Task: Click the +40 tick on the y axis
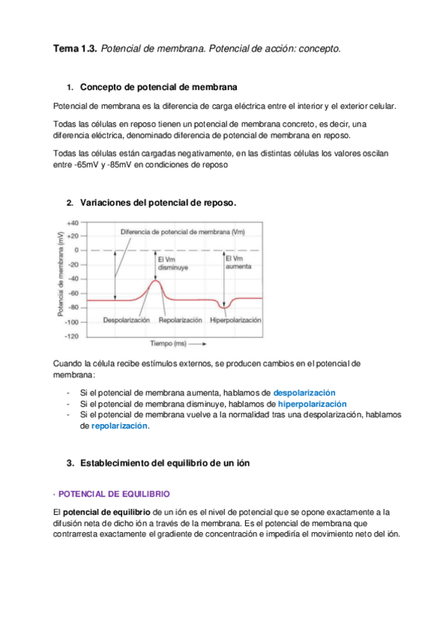tap(73, 223)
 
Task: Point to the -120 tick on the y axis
tap(71, 336)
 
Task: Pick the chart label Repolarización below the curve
tap(180, 320)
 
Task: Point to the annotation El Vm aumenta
tap(238, 262)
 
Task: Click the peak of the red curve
tap(155, 280)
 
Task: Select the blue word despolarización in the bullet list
tap(305, 392)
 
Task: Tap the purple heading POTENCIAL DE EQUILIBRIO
tap(114, 493)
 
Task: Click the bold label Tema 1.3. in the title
tap(74, 48)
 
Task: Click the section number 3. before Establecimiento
tap(70, 463)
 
